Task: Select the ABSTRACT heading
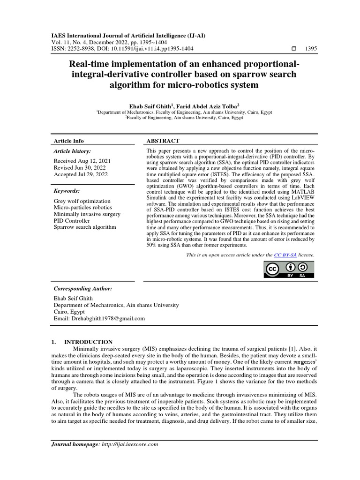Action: click(x=163, y=141)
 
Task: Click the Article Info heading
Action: click(x=70, y=141)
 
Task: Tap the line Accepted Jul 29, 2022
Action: click(x=81, y=174)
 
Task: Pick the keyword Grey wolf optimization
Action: click(x=82, y=201)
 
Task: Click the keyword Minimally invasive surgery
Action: click(x=88, y=214)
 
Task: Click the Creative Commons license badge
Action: click(x=289, y=270)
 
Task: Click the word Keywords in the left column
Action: click(x=67, y=191)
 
